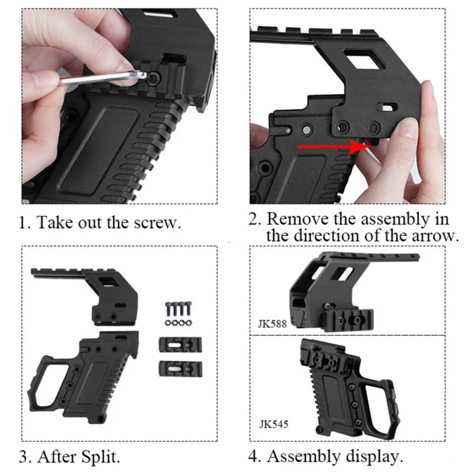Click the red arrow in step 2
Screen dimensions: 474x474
(335, 146)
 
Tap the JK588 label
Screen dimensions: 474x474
(273, 324)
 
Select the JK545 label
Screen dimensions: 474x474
(274, 424)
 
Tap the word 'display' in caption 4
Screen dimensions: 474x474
(372, 457)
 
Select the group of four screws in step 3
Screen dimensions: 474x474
(179, 309)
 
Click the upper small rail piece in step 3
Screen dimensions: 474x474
(181, 345)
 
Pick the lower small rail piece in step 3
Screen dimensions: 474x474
(181, 369)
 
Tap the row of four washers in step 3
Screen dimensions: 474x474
(178, 323)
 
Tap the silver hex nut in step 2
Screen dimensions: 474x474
(306, 130)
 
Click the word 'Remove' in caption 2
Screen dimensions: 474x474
(297, 219)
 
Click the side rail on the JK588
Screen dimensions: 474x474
(352, 320)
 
